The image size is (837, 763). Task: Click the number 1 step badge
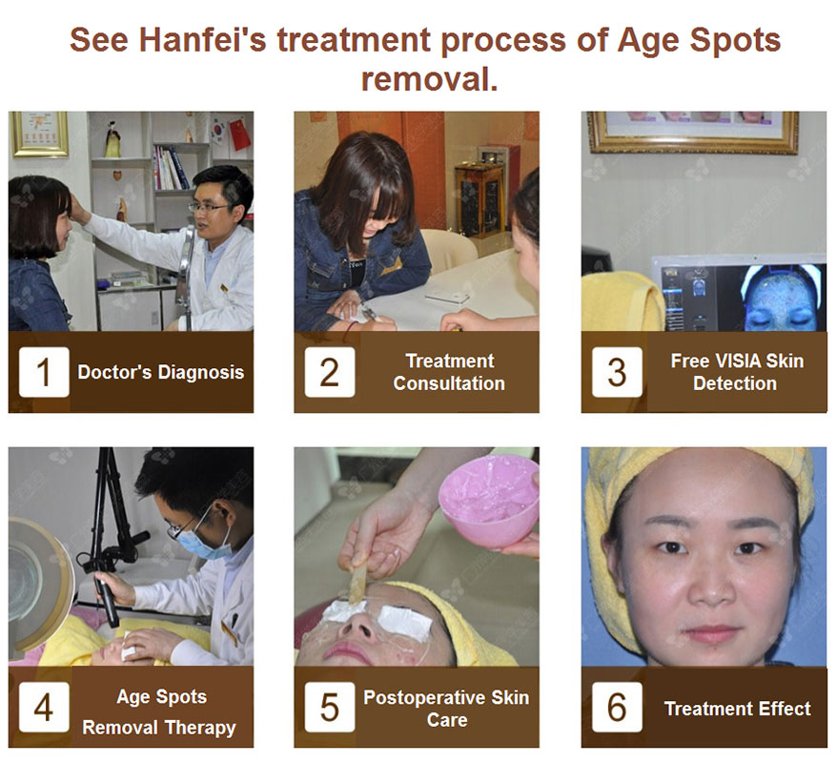click(44, 372)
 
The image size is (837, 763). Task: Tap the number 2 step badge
click(329, 372)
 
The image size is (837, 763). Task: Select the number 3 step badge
click(617, 372)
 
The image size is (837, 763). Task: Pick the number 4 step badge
click(44, 707)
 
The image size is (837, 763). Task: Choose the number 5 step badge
click(329, 707)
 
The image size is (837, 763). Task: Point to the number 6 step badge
click(617, 707)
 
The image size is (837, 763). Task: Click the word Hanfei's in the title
click(202, 40)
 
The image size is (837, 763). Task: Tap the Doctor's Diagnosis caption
click(161, 372)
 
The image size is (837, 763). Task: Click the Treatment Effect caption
click(737, 709)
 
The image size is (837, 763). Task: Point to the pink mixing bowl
click(488, 501)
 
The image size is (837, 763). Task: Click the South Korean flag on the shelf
click(219, 132)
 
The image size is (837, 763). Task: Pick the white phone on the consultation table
click(447, 297)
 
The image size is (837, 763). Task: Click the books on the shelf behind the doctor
click(171, 168)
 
